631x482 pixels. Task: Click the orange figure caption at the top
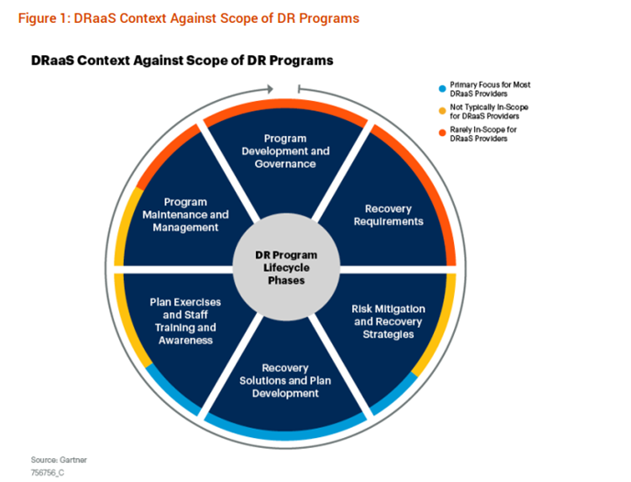pos(189,18)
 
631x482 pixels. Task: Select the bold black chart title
pos(183,61)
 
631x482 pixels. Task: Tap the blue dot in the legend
pos(442,89)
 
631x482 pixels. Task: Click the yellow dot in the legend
pos(442,111)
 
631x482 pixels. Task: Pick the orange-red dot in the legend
pos(442,133)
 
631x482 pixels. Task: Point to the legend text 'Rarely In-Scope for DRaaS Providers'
pos(483,134)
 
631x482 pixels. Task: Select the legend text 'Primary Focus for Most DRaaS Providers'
pos(490,89)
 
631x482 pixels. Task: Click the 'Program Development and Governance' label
pos(285,151)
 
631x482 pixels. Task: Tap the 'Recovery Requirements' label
pos(388,215)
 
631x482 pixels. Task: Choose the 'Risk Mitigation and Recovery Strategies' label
pos(388,321)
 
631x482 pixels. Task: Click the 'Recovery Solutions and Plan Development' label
pos(285,380)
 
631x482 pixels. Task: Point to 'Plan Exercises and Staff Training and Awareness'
pos(185,321)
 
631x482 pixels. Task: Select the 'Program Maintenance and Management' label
pos(185,215)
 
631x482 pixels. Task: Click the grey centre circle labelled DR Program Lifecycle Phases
pos(286,267)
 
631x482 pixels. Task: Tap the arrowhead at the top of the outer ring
pos(270,89)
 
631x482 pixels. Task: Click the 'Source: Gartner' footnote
pos(59,460)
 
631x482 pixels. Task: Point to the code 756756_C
pos(48,473)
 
